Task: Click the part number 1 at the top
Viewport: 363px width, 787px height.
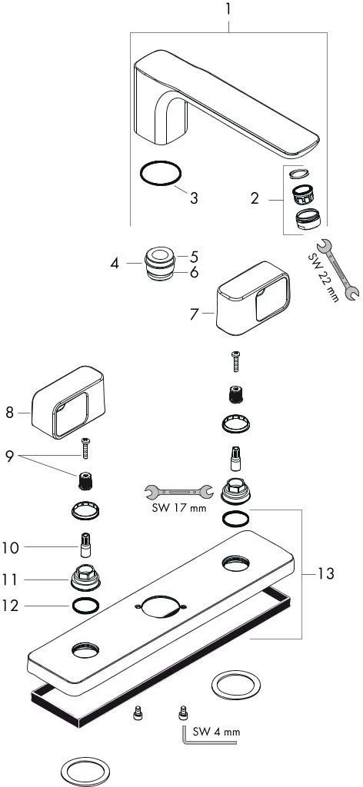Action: coord(228,9)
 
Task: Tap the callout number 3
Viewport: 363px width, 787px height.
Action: coord(194,198)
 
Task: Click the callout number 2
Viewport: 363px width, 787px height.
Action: coord(255,199)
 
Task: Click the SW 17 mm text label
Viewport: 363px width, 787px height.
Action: coord(178,508)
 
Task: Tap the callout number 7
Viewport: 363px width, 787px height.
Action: coord(195,314)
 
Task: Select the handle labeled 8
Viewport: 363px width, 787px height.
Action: coord(68,401)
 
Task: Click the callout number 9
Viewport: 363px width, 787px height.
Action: coord(9,457)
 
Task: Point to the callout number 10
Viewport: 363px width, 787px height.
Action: coord(10,547)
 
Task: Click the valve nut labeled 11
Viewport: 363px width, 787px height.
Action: coord(85,579)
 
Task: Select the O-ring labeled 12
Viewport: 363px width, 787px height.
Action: coord(85,606)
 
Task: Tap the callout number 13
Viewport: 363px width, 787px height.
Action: coord(326,573)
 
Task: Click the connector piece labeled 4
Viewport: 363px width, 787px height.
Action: coord(160,264)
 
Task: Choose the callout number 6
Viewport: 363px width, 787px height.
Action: coord(194,273)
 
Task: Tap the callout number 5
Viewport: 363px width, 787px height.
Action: coord(194,257)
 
